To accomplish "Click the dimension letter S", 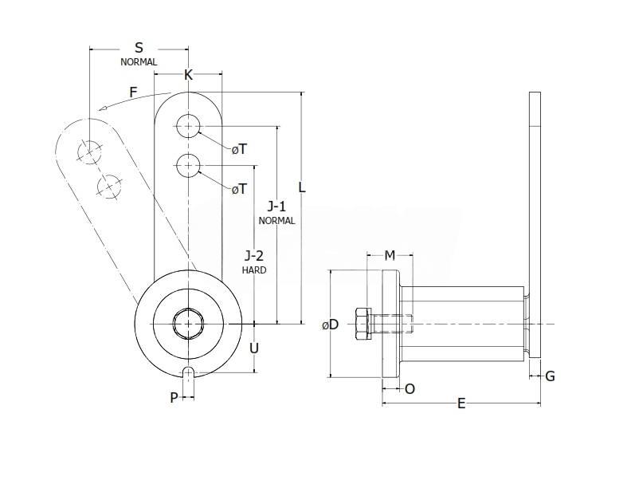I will point(139,49).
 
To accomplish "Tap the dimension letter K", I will point(189,76).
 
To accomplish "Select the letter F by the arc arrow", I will point(135,92).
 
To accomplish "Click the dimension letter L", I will point(302,187).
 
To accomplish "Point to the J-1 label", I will point(276,207).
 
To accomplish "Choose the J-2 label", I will point(254,256).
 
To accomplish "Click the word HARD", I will point(254,270).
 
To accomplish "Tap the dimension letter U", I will point(254,348).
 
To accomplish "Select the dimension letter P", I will point(174,397).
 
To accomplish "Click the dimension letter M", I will point(390,256).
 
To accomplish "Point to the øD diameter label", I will point(330,325).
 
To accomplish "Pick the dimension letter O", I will point(410,389).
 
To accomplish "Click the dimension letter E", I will point(461,403).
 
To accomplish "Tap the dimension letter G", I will point(550,376).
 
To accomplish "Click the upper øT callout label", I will point(238,149).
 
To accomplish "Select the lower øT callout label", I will point(238,189).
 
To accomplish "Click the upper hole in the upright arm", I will point(189,125).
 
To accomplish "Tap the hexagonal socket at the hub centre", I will point(189,324).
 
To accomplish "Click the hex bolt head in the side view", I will point(361,324).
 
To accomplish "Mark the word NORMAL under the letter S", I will point(139,61).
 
